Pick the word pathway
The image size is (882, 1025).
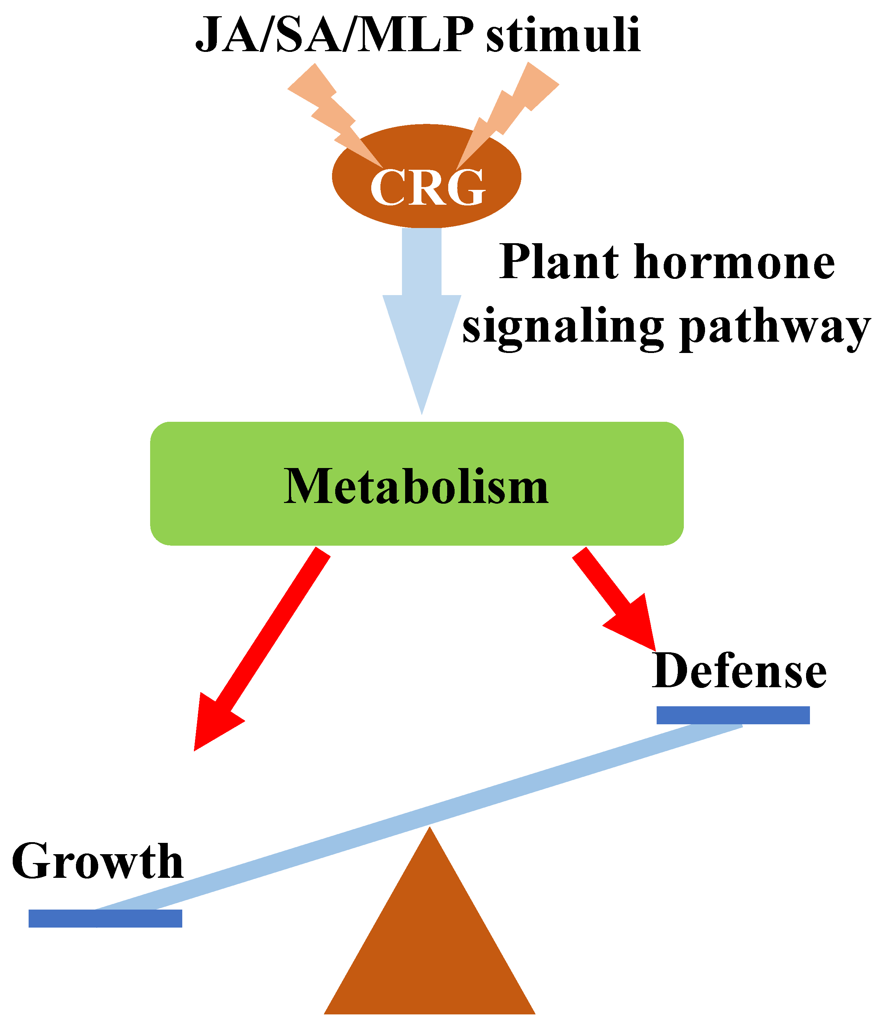[775, 329]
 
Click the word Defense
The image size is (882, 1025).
[739, 672]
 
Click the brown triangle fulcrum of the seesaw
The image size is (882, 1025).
[430, 940]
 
